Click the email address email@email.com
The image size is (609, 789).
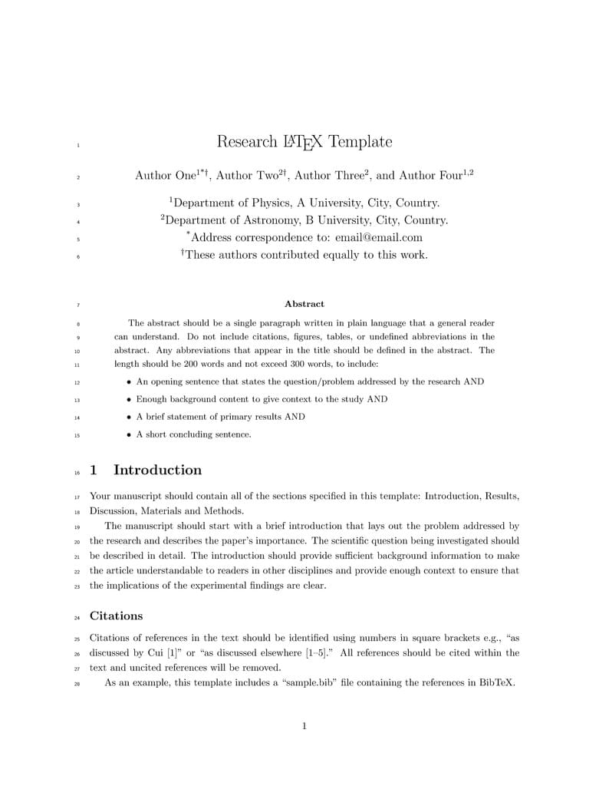(x=379, y=237)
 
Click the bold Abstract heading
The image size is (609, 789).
(x=304, y=304)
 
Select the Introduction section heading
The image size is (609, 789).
(x=157, y=470)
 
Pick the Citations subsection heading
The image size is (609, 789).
(x=116, y=616)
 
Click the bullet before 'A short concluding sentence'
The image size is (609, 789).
(x=129, y=435)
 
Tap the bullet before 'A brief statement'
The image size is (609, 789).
(x=129, y=418)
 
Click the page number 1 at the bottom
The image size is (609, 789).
(x=304, y=726)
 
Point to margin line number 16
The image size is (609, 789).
(x=77, y=471)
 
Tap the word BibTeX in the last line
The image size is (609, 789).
(x=495, y=682)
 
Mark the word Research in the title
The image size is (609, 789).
(x=247, y=142)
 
